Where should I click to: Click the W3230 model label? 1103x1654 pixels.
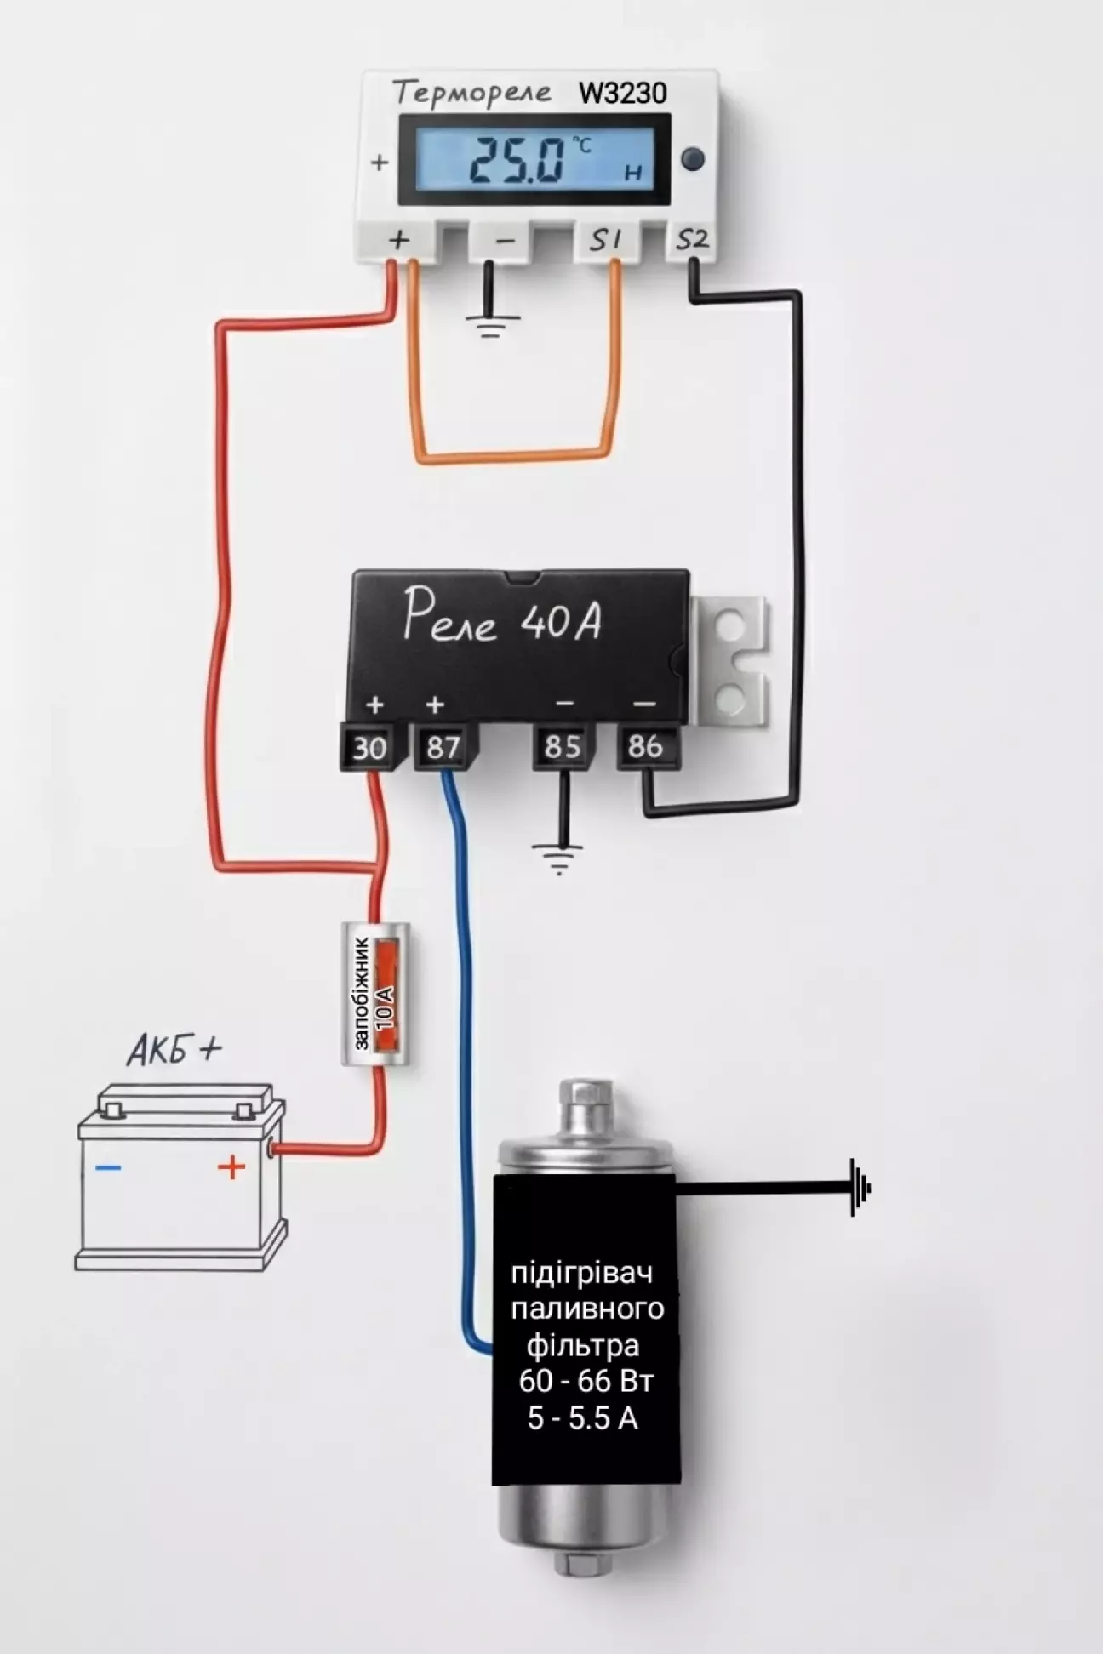tap(622, 93)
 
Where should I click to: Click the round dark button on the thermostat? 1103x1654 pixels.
tap(693, 159)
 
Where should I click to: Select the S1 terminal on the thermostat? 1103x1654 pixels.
tap(605, 241)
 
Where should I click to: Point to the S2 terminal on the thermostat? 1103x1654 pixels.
tap(691, 240)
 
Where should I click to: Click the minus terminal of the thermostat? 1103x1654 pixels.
tap(504, 242)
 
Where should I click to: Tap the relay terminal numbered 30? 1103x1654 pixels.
tap(369, 748)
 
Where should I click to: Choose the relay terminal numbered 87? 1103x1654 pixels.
tap(443, 748)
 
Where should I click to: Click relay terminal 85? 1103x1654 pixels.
tap(562, 747)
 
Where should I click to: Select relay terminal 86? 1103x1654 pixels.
tap(645, 746)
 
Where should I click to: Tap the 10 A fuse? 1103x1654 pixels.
tap(375, 994)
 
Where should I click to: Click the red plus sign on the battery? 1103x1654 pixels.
tap(231, 1166)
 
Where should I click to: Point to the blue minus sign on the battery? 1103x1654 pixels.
tap(108, 1167)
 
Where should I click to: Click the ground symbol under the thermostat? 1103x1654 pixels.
tap(491, 325)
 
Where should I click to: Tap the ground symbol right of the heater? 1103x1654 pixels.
tap(860, 1189)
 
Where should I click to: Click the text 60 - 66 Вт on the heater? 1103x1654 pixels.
tap(586, 1380)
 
